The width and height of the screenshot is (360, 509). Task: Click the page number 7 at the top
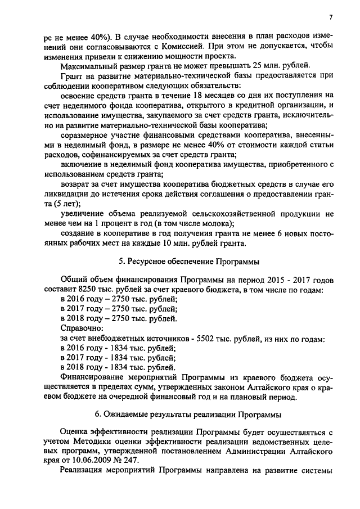pyautogui.click(x=331, y=16)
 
